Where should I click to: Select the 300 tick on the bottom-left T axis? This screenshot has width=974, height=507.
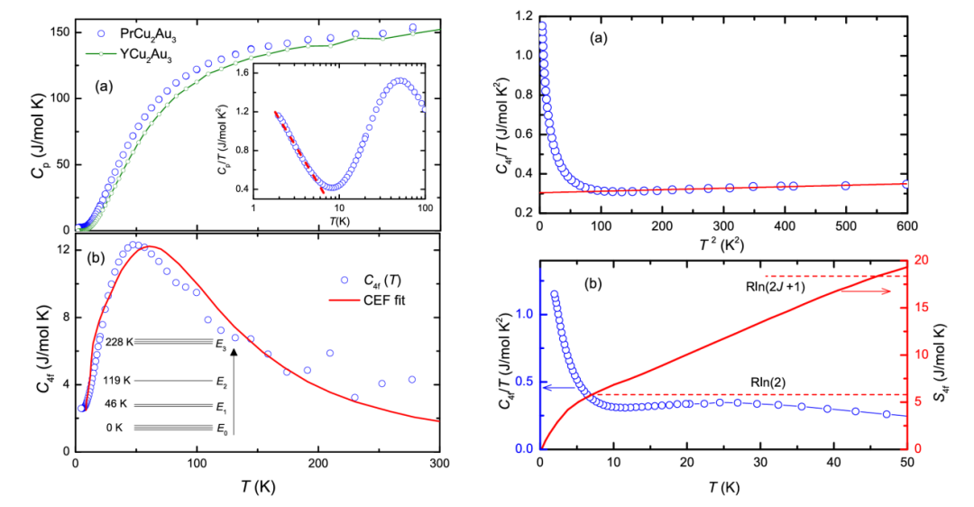pos(439,465)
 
